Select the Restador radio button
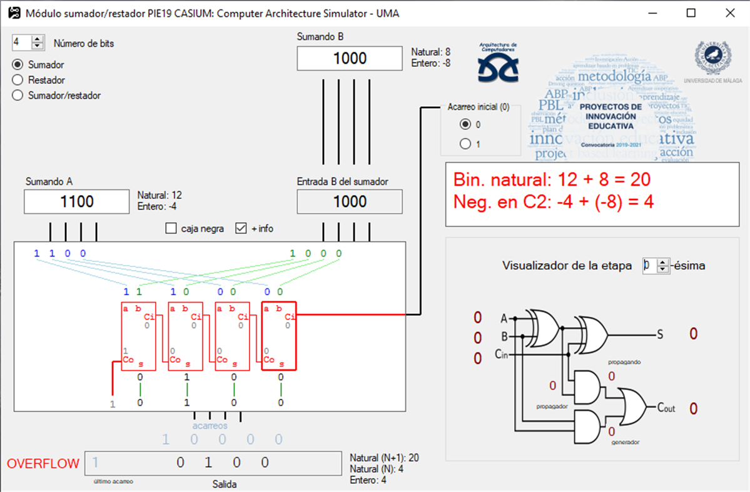tap(18, 80)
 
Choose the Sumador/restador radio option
tap(18, 96)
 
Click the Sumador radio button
tap(18, 64)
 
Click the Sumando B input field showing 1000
tap(349, 59)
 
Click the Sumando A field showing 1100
tap(76, 201)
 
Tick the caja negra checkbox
tap(171, 229)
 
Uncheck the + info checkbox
tap(241, 229)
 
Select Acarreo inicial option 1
tap(465, 144)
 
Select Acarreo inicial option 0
tap(465, 124)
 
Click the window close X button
tap(729, 13)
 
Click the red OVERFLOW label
tap(43, 464)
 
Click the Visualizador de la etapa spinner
tap(656, 266)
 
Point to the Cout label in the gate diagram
tap(666, 408)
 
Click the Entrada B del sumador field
tap(349, 201)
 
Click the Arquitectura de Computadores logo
tap(497, 63)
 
